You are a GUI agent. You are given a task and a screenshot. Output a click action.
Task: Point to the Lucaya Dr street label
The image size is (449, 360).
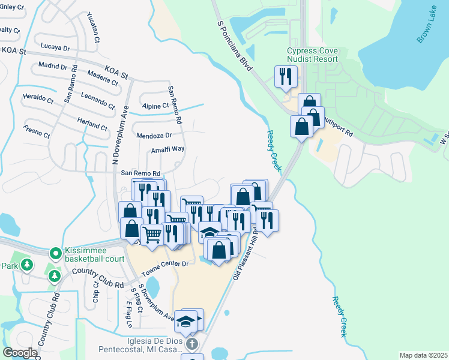pyautogui.click(x=55, y=47)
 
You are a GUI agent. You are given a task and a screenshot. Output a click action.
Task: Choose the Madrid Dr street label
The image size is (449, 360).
pyautogui.click(x=52, y=66)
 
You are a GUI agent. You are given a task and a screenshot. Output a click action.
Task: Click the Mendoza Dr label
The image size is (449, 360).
pyautogui.click(x=154, y=136)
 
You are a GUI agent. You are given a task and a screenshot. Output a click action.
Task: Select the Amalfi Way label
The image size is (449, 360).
pyautogui.click(x=167, y=150)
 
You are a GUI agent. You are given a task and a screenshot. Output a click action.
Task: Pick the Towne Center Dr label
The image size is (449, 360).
pyautogui.click(x=165, y=263)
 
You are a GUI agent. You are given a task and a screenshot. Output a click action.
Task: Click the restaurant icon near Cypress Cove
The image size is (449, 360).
pyautogui.click(x=285, y=76)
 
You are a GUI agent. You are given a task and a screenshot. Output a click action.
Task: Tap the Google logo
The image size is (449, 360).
pyautogui.click(x=20, y=353)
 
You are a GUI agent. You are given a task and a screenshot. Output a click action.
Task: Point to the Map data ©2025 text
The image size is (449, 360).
pyautogui.click(x=423, y=355)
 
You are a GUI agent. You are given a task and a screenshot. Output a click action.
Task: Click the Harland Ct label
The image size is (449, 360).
pyautogui.click(x=92, y=124)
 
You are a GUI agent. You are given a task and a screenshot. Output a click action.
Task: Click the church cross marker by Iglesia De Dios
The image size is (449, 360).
pyautogui.click(x=192, y=344)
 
